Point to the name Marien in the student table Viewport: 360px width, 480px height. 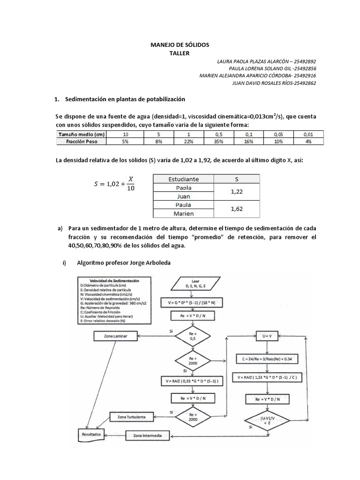click(x=184, y=213)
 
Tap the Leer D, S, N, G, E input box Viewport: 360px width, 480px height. click(x=195, y=283)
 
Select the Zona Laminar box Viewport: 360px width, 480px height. click(x=117, y=336)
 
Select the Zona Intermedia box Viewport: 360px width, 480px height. click(x=147, y=435)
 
